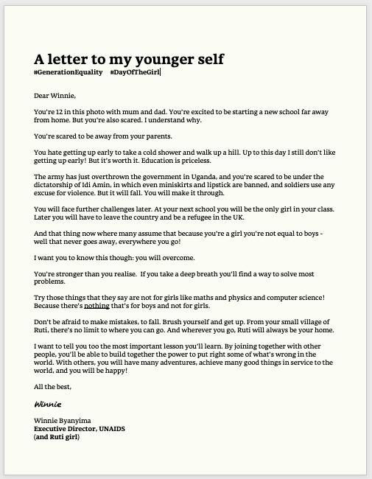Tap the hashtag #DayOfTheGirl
coord(135,72)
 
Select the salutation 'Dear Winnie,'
coord(55,95)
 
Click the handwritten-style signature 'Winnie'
coord(47,404)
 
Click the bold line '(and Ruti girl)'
coord(57,436)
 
